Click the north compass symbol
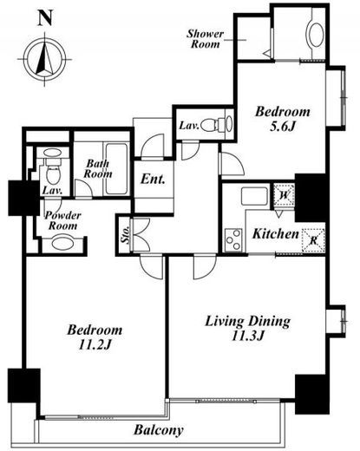[x=44, y=59]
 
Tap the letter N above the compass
[x=45, y=18]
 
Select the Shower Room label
[x=205, y=39]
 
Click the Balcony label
[x=159, y=430]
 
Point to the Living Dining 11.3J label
[x=247, y=329]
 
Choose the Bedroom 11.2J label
[x=95, y=337]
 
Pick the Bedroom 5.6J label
[x=282, y=119]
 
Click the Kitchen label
[x=275, y=234]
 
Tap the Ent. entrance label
[x=153, y=180]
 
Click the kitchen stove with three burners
[x=233, y=239]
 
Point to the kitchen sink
[x=254, y=196]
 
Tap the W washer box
[x=285, y=195]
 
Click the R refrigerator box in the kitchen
[x=314, y=240]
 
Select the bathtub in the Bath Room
[x=116, y=169]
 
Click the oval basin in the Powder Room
[x=62, y=244]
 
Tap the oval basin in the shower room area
[x=316, y=34]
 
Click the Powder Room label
[x=62, y=220]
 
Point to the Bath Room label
[x=98, y=168]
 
